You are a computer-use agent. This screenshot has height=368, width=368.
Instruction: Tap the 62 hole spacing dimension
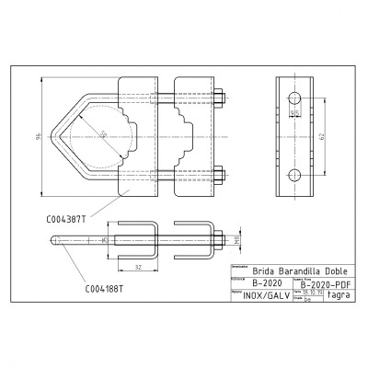click(x=322, y=136)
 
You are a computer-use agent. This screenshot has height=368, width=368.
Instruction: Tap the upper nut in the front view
click(x=221, y=96)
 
